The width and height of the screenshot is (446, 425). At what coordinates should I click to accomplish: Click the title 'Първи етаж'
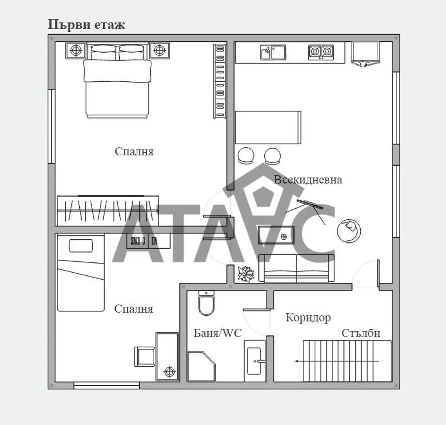86,25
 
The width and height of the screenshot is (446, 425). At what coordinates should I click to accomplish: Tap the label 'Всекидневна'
308,180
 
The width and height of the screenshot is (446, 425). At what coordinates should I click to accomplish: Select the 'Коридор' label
308,318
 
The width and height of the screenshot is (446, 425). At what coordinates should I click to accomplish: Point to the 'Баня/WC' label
218,333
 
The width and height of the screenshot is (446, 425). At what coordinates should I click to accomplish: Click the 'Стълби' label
361,333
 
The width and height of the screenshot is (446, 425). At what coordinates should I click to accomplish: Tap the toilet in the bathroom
206,303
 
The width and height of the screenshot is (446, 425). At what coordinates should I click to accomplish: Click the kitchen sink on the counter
273,52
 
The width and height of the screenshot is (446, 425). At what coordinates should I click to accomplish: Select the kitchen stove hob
321,52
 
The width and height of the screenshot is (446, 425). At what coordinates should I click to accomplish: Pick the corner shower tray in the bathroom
201,366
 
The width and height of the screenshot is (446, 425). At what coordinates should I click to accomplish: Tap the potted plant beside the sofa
246,274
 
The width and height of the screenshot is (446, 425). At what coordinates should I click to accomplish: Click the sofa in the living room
296,268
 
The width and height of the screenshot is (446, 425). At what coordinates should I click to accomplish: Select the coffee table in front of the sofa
276,235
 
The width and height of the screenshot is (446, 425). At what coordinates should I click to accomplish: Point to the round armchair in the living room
349,231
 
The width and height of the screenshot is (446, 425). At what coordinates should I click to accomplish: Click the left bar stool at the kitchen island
246,156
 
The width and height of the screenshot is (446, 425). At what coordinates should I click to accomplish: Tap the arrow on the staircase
337,361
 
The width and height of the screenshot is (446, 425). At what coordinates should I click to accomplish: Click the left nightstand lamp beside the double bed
76,51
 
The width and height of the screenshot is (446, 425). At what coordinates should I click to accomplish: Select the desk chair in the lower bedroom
145,357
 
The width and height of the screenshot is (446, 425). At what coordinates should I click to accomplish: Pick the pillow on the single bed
81,246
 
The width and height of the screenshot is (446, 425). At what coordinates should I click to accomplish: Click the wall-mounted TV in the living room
310,204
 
